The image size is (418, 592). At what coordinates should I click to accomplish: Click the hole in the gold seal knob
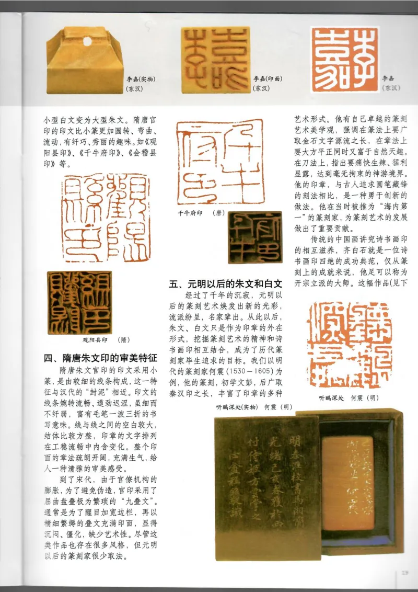(87, 41)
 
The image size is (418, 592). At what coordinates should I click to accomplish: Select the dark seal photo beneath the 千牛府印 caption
(255, 236)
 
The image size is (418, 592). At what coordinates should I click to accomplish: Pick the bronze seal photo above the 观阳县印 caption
(79, 302)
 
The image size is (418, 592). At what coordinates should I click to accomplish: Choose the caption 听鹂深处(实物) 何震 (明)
(253, 406)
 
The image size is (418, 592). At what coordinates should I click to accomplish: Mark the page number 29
(405, 573)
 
